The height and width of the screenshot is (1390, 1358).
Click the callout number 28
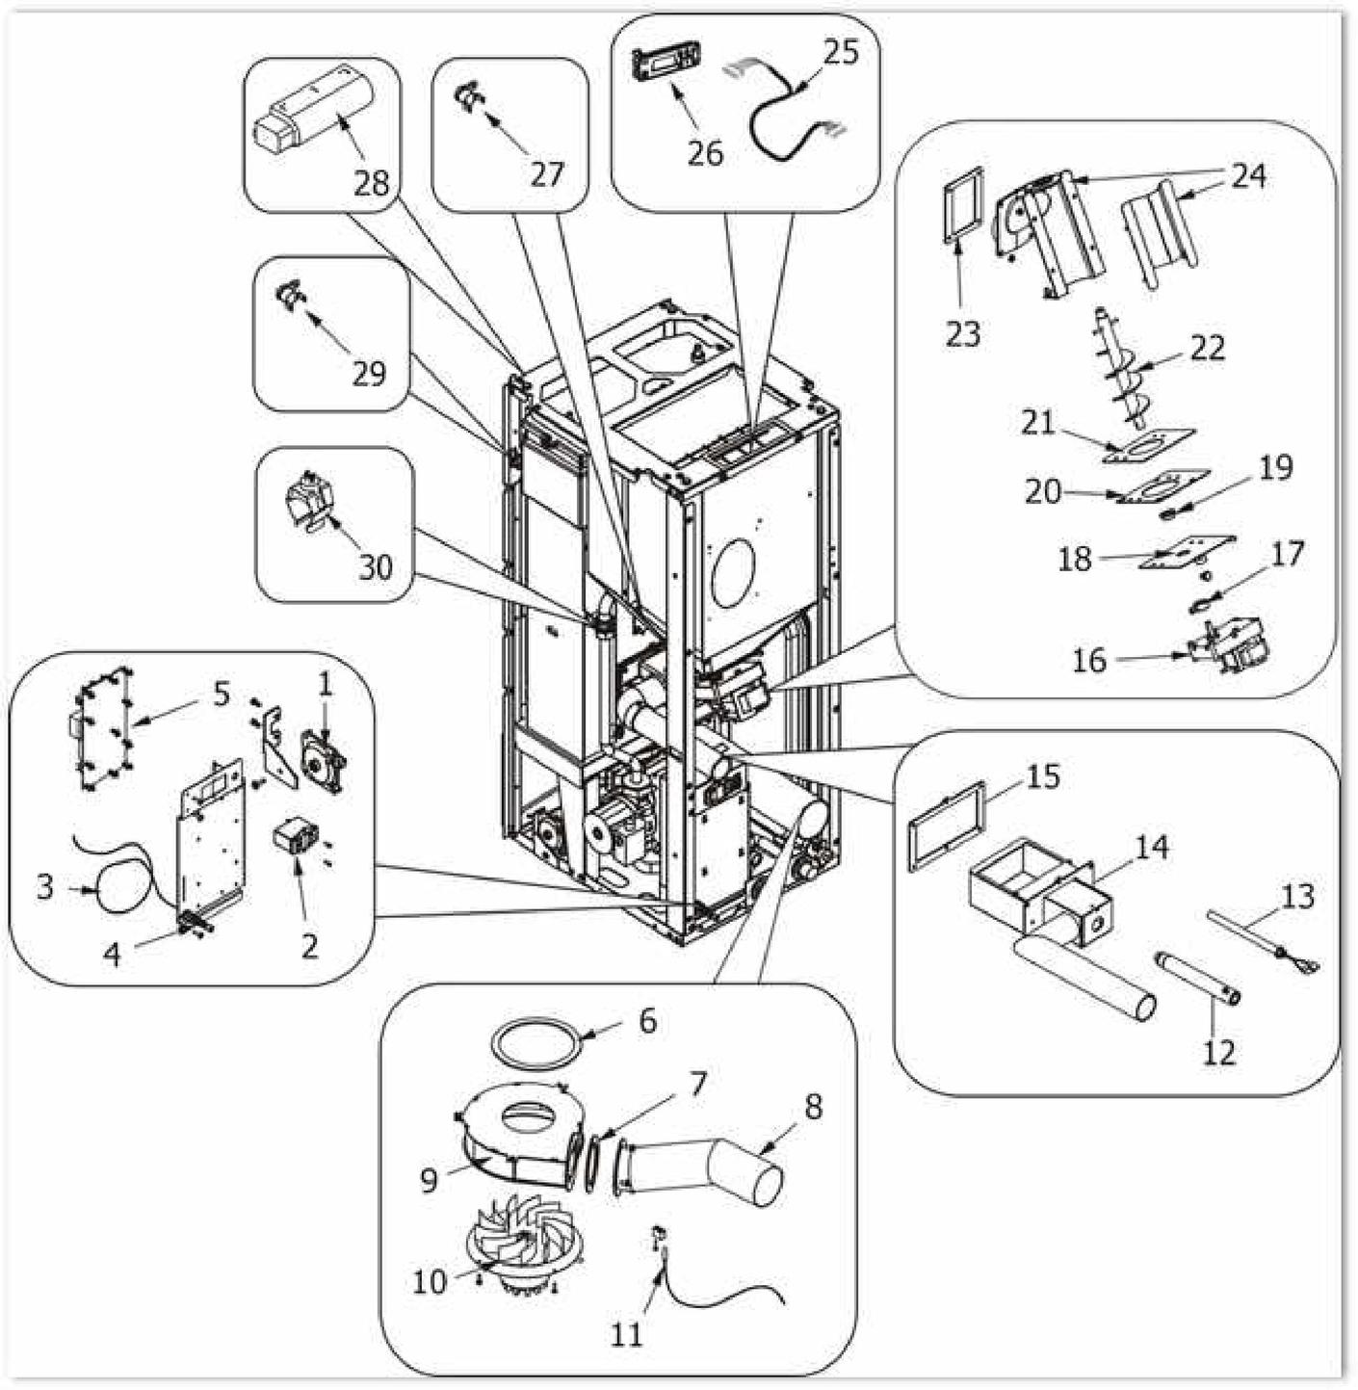tap(370, 183)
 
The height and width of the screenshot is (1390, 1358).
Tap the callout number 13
tap(1297, 897)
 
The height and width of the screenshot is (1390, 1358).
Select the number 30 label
tap(375, 567)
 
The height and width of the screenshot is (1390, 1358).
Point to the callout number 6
tap(647, 1020)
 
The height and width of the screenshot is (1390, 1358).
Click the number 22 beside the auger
tap(1207, 348)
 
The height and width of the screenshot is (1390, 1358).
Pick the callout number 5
tap(222, 694)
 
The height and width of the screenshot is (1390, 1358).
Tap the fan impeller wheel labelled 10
tap(520, 1243)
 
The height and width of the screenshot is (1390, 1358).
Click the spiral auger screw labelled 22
tap(1124, 371)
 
